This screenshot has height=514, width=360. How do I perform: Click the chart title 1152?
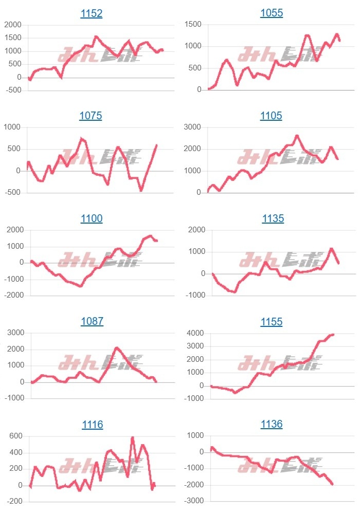pyautogui.click(x=92, y=13)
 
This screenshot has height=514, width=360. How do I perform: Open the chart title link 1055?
pyautogui.click(x=272, y=13)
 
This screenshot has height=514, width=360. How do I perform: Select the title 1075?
pyautogui.click(x=91, y=116)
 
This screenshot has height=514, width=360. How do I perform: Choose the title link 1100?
pyautogui.click(x=92, y=219)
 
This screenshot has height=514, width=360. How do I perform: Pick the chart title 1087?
pyautogui.click(x=92, y=322)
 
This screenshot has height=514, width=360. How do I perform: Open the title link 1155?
pyautogui.click(x=272, y=322)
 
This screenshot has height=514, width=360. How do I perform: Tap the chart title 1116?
pyautogui.click(x=93, y=425)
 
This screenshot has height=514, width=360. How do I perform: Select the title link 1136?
pyautogui.click(x=272, y=425)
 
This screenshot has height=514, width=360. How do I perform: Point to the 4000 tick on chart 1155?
pyautogui.click(x=195, y=334)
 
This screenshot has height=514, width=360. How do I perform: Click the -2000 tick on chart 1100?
pyautogui.click(x=14, y=296)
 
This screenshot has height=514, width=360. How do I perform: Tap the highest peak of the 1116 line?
pyautogui.click(x=132, y=437)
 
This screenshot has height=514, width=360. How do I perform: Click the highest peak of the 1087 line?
pyautogui.click(x=117, y=348)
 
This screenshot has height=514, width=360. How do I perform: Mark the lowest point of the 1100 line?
pyautogui.click(x=81, y=286)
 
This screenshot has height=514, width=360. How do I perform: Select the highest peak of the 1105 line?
pyautogui.click(x=297, y=136)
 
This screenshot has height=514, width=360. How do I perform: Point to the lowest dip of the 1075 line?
pyautogui.click(x=141, y=190)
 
